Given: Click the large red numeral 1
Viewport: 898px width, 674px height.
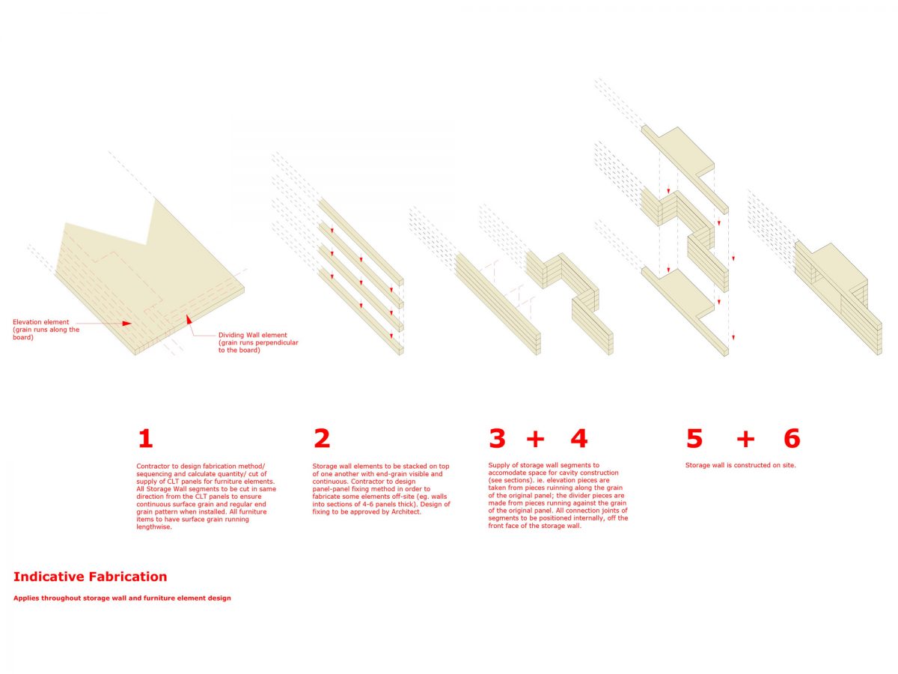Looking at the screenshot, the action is pyautogui.click(x=146, y=439).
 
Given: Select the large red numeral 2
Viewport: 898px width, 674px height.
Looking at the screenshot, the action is pyautogui.click(x=322, y=439).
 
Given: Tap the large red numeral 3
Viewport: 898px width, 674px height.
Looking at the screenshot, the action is pyautogui.click(x=497, y=439).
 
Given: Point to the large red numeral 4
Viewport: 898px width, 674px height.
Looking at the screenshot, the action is pyautogui.click(x=579, y=439).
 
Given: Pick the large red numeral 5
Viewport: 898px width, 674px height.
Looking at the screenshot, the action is pyautogui.click(x=694, y=439).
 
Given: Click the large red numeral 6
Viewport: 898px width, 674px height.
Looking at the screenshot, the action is pyautogui.click(x=792, y=439).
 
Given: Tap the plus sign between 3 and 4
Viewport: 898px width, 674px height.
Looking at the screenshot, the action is pyautogui.click(x=535, y=440).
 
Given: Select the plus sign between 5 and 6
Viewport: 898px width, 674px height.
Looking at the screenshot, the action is pyautogui.click(x=745, y=440).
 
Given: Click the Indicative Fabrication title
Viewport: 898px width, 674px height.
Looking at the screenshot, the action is pyautogui.click(x=90, y=577).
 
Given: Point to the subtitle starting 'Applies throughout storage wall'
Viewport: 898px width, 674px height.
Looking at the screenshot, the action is pyautogui.click(x=122, y=598).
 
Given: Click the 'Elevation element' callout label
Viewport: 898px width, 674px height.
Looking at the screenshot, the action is pyautogui.click(x=46, y=330).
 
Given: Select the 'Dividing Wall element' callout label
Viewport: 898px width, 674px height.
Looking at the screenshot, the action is pyautogui.click(x=258, y=342).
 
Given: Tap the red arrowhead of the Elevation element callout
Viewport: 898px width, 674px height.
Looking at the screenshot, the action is pyautogui.click(x=126, y=324).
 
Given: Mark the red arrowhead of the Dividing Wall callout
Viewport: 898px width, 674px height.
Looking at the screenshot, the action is pyautogui.click(x=189, y=319).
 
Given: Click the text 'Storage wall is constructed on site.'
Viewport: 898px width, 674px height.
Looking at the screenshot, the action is pyautogui.click(x=741, y=465).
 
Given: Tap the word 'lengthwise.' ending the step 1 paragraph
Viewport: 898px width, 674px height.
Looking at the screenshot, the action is pyautogui.click(x=154, y=527).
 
